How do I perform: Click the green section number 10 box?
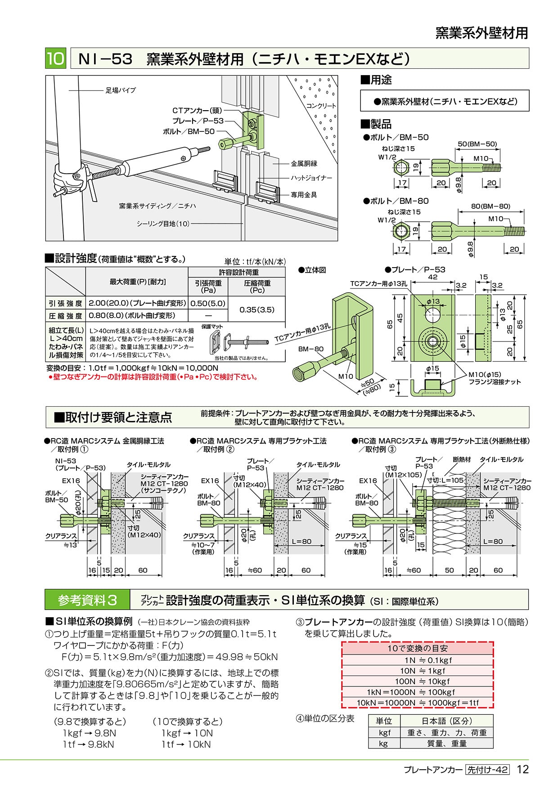coord(56,58)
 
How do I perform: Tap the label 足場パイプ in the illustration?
coord(121,90)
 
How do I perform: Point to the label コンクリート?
coord(321,106)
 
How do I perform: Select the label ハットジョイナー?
coord(311,178)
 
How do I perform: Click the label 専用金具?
coord(304,195)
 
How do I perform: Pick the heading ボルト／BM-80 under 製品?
coord(396,201)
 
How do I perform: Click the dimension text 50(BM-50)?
coord(477,144)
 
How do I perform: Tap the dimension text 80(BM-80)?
coord(490,206)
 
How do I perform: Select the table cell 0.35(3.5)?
coord(256,309)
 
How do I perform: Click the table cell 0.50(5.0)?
coord(208,304)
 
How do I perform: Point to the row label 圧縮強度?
coord(65,316)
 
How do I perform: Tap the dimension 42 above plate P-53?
coord(432,277)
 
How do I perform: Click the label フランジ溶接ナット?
coord(495,382)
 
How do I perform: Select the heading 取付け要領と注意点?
coord(113,417)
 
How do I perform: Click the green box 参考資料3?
coord(87,600)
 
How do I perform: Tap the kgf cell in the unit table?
coord(384,732)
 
